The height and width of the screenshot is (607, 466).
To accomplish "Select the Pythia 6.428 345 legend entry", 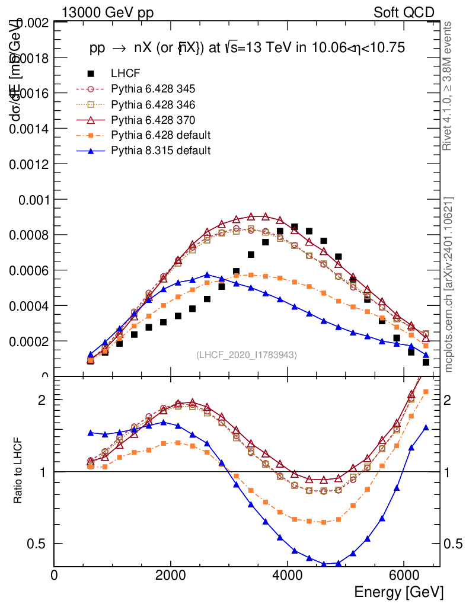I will point(153,89).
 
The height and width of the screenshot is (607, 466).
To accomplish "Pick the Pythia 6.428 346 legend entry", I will point(153,104).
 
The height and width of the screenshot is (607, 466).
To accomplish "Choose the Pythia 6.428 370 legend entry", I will point(153,120).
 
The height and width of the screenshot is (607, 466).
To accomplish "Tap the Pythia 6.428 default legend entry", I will point(161,135).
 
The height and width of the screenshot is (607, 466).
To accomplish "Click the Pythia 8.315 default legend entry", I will point(161,151).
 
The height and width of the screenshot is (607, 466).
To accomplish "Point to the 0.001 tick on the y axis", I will point(33,200).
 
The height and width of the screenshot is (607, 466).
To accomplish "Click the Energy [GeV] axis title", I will point(398,592).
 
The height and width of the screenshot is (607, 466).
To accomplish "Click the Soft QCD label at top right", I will point(404,12).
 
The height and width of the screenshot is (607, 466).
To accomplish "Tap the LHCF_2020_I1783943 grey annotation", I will point(247,354).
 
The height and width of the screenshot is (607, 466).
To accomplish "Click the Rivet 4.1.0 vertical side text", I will point(449,86).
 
